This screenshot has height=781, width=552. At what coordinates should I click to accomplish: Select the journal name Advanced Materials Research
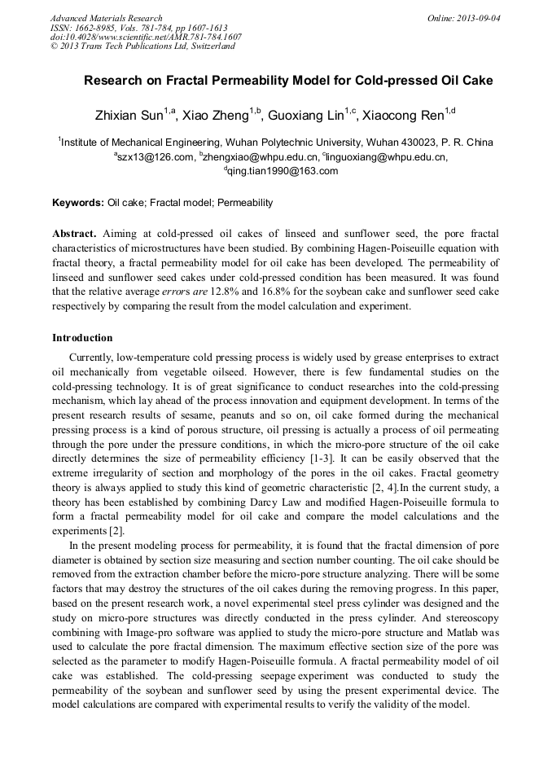coord(107,18)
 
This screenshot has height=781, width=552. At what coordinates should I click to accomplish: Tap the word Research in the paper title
coord(111,81)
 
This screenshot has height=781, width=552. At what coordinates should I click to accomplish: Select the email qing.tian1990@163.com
coord(283,171)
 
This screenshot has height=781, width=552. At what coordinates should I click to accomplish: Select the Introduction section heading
coord(82,337)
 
